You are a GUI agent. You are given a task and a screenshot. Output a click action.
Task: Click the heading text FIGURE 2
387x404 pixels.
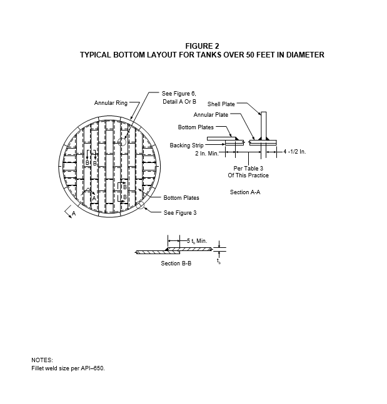pos(202,46)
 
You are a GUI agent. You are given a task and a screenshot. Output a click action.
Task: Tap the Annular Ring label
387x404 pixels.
pos(111,103)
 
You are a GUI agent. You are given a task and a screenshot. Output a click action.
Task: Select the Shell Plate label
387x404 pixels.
pos(221,104)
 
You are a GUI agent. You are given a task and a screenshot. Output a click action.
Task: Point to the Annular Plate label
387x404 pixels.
pos(211,115)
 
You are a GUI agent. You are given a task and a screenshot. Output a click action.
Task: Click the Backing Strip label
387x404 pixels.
pos(186,145)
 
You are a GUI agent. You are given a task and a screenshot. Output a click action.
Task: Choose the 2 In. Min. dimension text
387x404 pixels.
pos(207,154)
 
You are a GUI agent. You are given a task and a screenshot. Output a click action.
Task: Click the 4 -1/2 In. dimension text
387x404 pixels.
pos(294,152)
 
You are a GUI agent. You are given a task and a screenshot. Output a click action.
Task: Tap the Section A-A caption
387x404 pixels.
pos(245,192)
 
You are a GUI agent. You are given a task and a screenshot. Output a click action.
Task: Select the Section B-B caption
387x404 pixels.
pos(176,264)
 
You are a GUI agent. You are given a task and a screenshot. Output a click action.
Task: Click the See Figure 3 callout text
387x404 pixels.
pos(180,213)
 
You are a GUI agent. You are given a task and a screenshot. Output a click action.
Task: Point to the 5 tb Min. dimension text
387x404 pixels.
pos(197,241)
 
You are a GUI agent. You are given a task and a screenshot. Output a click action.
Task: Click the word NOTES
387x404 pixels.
pos(42,360)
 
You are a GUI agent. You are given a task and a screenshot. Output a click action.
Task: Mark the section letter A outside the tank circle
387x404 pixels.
pos(74,214)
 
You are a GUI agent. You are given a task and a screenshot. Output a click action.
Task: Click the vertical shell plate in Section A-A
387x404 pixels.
pos(264,126)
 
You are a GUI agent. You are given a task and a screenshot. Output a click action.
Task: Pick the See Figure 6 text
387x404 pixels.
pos(179,94)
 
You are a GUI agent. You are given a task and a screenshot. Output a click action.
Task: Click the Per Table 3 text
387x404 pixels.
pos(248,168)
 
